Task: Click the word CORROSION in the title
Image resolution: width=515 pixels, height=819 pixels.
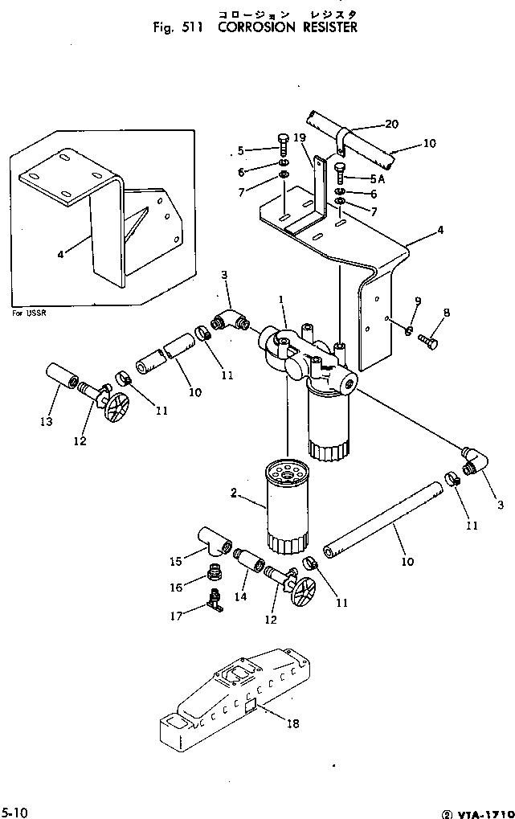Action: (256, 27)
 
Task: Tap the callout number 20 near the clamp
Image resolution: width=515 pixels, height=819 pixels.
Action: (391, 124)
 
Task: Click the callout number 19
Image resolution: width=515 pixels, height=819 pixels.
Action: (300, 137)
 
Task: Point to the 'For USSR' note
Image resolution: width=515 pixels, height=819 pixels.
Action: (29, 313)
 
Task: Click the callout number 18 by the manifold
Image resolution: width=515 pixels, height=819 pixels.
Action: (292, 723)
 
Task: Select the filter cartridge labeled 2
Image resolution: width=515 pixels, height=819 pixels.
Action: (285, 506)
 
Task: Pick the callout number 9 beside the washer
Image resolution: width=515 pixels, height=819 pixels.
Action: (417, 301)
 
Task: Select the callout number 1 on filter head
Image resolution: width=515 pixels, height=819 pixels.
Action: (280, 300)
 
